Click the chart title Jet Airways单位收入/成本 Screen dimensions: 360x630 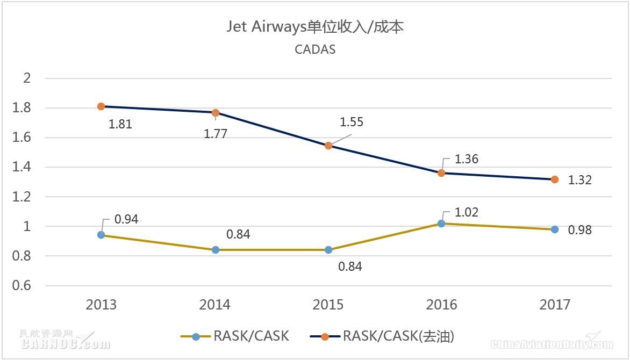click(315, 27)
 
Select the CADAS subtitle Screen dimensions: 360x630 click(315, 49)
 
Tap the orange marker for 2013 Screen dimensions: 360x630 click(101, 106)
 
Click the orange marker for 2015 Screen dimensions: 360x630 click(328, 146)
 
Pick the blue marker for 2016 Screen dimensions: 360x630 click(441, 224)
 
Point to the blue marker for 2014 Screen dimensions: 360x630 click(216, 250)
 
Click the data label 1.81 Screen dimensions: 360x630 click(120, 125)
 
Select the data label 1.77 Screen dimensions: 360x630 click(215, 134)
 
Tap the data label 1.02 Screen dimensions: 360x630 click(466, 212)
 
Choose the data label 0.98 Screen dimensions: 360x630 click(579, 231)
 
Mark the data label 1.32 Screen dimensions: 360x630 click(579, 181)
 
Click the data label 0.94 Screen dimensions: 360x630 click(126, 219)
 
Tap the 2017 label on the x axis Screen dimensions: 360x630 click(555, 305)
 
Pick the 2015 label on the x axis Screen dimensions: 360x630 click(328, 305)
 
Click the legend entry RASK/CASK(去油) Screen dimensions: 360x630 click(383, 337)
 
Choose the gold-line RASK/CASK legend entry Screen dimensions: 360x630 click(235, 337)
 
